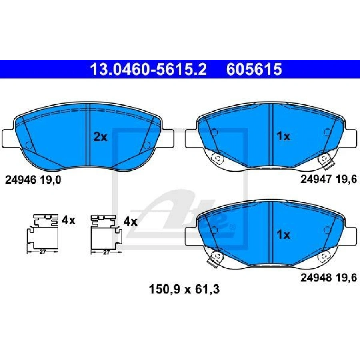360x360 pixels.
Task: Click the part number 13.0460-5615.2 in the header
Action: [148, 69]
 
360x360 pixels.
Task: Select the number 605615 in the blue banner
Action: [254, 69]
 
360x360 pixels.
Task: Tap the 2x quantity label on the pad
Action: [100, 137]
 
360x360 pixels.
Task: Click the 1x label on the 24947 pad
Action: [283, 136]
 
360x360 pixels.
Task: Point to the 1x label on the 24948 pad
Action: [283, 235]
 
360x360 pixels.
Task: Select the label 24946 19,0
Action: [33, 180]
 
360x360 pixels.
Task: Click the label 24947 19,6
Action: [329, 179]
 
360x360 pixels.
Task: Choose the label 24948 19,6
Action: [329, 278]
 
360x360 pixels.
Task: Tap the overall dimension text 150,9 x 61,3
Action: [184, 289]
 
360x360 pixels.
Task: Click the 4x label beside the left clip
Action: [68, 221]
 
